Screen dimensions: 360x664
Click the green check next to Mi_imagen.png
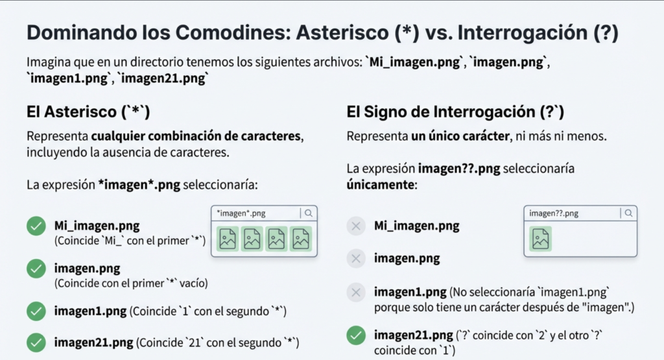coord(36,226)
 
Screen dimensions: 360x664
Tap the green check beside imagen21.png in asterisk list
coord(36,341)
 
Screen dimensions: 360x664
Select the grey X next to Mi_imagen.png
coord(355,226)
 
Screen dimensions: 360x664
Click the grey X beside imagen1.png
coord(355,292)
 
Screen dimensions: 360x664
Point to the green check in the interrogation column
coord(355,335)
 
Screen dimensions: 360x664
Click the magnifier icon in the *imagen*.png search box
coord(309,213)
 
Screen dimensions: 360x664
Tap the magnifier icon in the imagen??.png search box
coord(628,213)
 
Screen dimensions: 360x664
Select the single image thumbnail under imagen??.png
coord(540,239)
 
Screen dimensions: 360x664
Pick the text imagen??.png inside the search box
coord(554,213)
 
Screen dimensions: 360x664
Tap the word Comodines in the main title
coord(230,34)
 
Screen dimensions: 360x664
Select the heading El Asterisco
coord(88,112)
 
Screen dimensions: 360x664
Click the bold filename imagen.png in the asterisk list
coord(87,269)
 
